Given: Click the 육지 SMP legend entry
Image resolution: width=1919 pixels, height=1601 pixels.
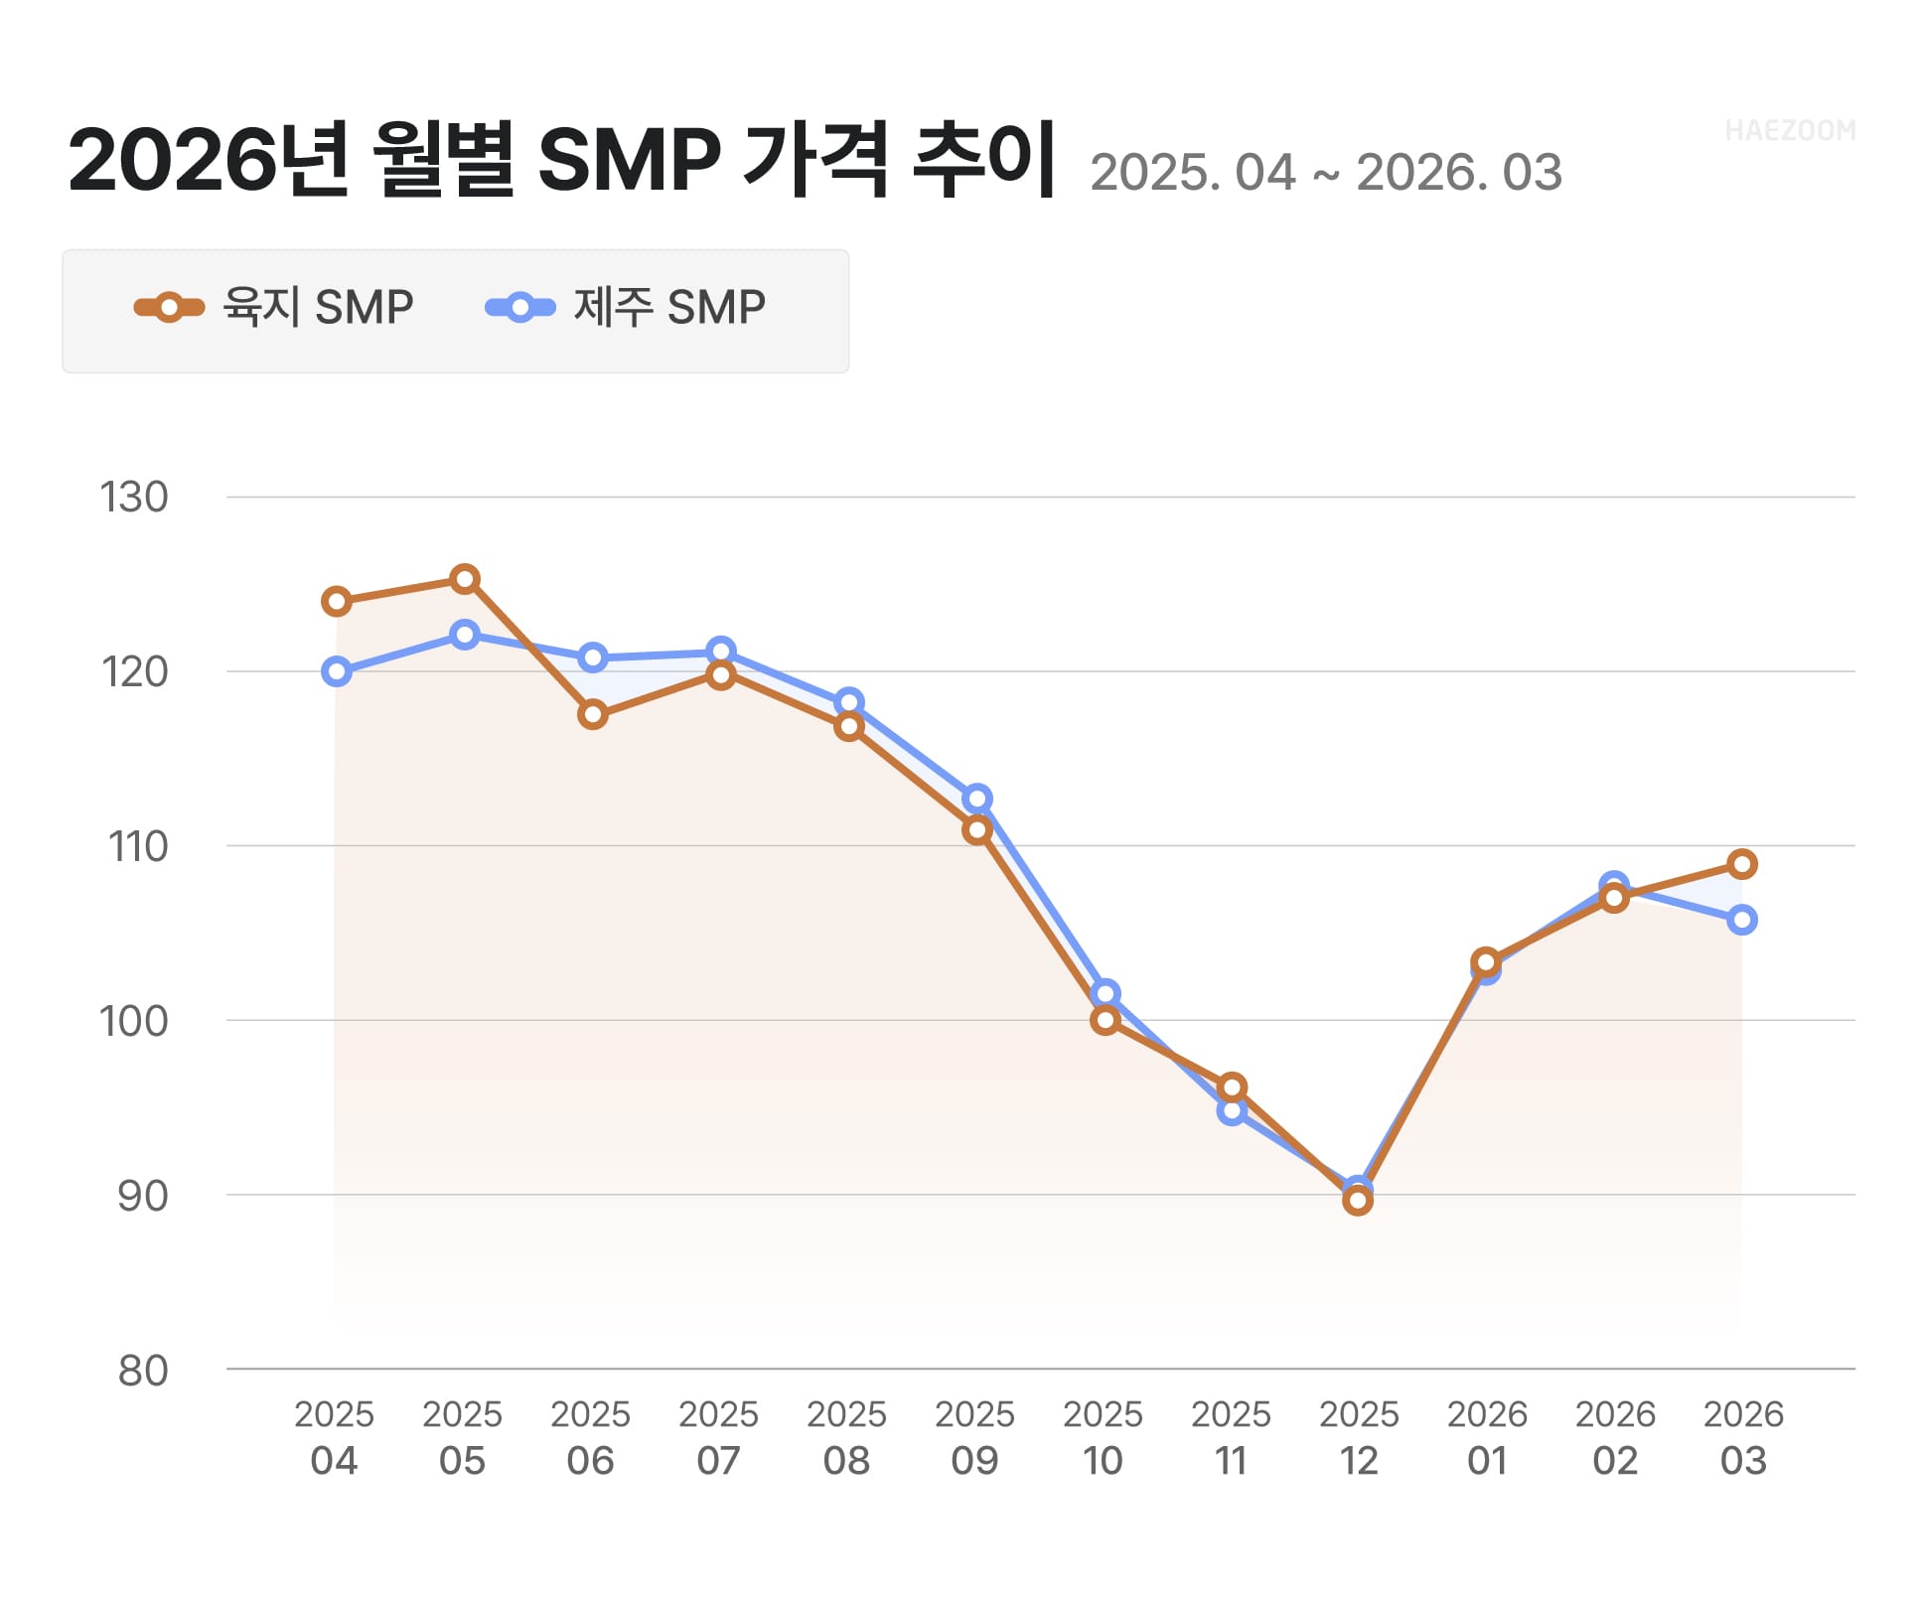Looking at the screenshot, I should [274, 308].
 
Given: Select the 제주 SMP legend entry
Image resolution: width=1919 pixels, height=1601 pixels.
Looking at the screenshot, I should [626, 308].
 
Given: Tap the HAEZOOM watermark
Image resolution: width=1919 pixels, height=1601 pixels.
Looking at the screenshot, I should [1789, 131].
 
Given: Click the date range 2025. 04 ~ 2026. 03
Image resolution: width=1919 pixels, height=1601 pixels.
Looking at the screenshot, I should [1325, 173].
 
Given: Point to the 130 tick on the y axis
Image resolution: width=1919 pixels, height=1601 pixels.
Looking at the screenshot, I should [134, 498].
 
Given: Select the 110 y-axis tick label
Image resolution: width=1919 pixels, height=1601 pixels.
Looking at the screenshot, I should [138, 847].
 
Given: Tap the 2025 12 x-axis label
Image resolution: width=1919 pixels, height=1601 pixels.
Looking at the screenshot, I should [1358, 1437].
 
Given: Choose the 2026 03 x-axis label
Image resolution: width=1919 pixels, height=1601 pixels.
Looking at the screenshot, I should [1742, 1437].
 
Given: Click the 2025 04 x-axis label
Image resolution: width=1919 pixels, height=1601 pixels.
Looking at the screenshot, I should [334, 1437].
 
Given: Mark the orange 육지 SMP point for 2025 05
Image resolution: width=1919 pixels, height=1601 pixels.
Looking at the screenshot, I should [465, 579].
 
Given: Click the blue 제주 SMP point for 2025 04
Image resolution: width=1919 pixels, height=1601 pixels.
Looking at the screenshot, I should [337, 672].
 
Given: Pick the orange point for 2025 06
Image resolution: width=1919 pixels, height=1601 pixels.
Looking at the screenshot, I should [593, 715].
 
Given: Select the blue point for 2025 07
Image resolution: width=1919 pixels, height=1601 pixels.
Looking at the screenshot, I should [721, 652].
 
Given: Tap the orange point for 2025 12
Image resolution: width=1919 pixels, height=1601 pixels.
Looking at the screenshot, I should [1358, 1201].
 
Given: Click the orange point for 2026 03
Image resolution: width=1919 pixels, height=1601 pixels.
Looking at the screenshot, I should [1741, 864].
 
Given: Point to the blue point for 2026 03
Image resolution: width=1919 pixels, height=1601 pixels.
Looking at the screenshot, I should [1741, 921].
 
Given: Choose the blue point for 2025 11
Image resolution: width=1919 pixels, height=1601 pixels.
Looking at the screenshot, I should [1232, 1110].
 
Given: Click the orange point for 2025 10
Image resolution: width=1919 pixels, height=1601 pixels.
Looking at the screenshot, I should [1105, 1020].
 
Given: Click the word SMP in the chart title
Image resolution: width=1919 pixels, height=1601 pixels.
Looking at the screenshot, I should [628, 159].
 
